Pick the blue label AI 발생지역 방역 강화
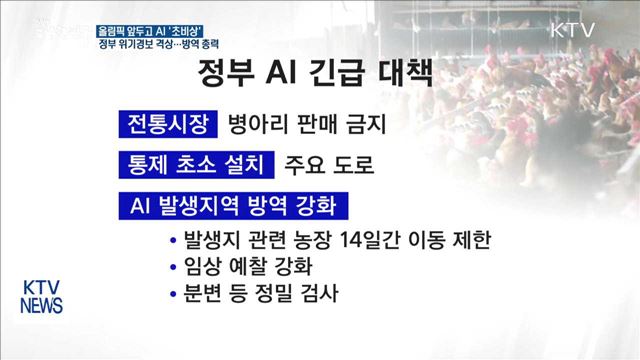[232, 206]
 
